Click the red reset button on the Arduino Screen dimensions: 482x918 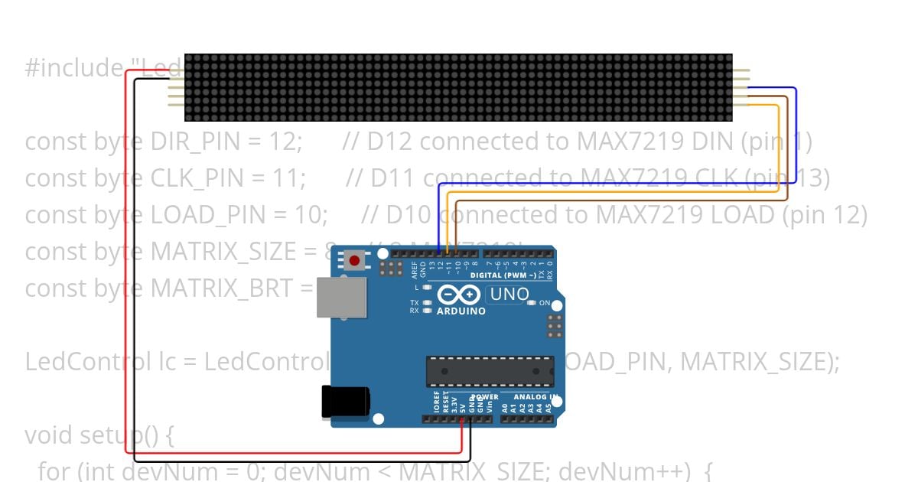click(x=354, y=261)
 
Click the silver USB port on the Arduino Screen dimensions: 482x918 click(x=341, y=297)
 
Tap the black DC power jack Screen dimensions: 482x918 click(x=345, y=402)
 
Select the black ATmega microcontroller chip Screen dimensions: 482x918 click(x=490, y=371)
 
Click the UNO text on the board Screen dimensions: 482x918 click(x=509, y=295)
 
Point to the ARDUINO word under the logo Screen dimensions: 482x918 click(x=461, y=311)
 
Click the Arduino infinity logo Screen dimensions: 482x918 click(x=458, y=295)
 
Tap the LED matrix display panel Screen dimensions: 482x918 click(x=458, y=87)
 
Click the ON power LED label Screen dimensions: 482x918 click(x=545, y=303)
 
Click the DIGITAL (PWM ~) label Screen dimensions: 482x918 click(x=503, y=275)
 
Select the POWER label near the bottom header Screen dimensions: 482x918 click(x=484, y=397)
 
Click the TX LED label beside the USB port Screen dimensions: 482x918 click(x=414, y=303)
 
